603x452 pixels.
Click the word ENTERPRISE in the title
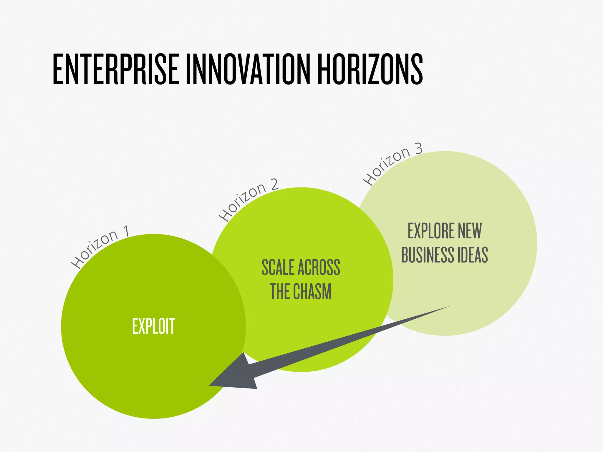tap(115, 69)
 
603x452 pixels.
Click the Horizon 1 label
tap(100, 247)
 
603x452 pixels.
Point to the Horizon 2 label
tap(248, 200)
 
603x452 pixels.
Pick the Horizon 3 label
tap(392, 164)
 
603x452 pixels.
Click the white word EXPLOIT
tap(153, 326)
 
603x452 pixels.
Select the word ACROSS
tap(319, 267)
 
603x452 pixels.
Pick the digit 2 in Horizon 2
tap(274, 185)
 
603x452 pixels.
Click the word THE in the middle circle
tap(279, 292)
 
